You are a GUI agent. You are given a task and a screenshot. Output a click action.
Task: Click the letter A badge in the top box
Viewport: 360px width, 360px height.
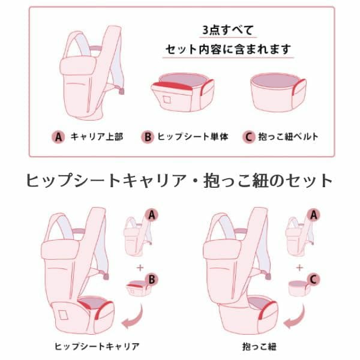pyautogui.click(x=59, y=137)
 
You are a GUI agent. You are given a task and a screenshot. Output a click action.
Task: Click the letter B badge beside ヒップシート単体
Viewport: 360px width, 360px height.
pyautogui.click(x=148, y=137)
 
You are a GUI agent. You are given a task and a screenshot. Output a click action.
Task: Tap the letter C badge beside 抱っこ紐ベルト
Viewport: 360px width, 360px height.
pyautogui.click(x=249, y=137)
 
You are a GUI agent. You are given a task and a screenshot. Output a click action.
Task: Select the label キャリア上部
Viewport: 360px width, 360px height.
pyautogui.click(x=97, y=137)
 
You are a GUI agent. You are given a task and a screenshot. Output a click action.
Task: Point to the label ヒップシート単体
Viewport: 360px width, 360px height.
pyautogui.click(x=193, y=137)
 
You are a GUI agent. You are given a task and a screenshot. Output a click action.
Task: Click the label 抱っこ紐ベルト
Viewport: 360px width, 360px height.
pyautogui.click(x=289, y=137)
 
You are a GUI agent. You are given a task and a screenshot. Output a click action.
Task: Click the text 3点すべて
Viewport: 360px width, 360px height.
pyautogui.click(x=228, y=30)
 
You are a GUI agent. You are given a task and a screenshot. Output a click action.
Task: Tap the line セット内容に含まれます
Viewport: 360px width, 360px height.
pyautogui.click(x=228, y=49)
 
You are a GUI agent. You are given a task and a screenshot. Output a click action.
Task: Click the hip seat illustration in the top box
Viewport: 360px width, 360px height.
pyautogui.click(x=183, y=92)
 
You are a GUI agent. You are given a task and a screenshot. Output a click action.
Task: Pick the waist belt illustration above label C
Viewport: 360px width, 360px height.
pyautogui.click(x=278, y=92)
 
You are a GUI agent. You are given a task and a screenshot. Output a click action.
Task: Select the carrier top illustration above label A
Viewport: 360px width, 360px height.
pyautogui.click(x=92, y=73)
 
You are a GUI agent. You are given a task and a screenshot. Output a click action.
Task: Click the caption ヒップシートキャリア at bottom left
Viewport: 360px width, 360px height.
pyautogui.click(x=97, y=346)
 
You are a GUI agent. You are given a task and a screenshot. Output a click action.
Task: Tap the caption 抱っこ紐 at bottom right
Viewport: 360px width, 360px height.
pyautogui.click(x=259, y=346)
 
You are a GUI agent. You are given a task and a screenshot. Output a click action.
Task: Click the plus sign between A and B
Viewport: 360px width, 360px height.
pyautogui.click(x=140, y=268)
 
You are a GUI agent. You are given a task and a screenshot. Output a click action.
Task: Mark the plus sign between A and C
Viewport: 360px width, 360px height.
pyautogui.click(x=299, y=268)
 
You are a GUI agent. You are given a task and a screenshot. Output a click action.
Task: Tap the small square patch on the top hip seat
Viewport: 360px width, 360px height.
pyautogui.click(x=167, y=99)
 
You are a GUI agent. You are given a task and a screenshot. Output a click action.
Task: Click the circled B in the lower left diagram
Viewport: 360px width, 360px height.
pyautogui.click(x=152, y=280)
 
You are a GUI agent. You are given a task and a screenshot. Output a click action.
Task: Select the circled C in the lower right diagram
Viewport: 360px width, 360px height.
pyautogui.click(x=313, y=280)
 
